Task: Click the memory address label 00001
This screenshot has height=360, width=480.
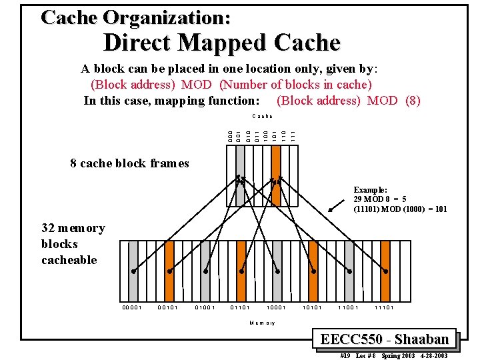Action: coord(132,307)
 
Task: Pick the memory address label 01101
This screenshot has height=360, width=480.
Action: coord(240,307)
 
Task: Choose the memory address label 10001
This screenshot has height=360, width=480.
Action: coord(276,307)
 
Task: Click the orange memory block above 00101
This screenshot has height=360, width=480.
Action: coord(169,263)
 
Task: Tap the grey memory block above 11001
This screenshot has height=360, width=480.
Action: coord(349,263)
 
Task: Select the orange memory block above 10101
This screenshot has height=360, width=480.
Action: coord(313,263)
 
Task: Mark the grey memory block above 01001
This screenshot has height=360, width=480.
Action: coord(205,263)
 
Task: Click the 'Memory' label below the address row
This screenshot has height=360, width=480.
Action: coord(262,323)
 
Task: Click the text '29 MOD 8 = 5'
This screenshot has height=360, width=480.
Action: coord(380,199)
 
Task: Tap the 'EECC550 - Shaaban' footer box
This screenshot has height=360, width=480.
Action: coord(384,339)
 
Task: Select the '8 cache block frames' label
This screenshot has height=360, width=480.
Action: coord(129,163)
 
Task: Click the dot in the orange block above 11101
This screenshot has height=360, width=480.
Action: coord(385,272)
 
